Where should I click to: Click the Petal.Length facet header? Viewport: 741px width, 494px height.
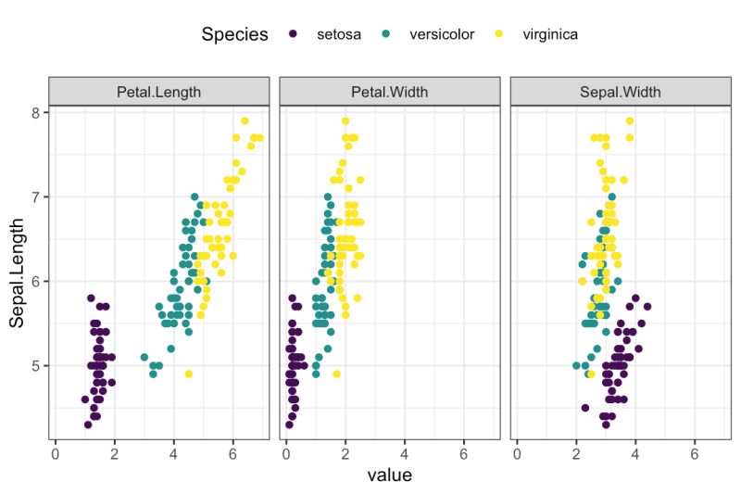click(159, 92)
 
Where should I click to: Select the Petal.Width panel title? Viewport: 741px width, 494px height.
click(390, 92)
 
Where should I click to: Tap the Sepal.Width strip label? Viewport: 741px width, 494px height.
click(621, 92)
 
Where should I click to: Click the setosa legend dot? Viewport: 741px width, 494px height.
click(294, 34)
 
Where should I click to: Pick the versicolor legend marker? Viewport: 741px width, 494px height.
click(386, 34)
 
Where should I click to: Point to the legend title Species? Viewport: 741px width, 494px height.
click(234, 35)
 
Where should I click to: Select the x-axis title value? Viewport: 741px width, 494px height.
click(390, 475)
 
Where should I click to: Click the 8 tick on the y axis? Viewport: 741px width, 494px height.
click(36, 112)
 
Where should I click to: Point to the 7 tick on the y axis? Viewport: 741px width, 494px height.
click(36, 196)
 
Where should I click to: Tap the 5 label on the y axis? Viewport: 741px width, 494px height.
click(36, 365)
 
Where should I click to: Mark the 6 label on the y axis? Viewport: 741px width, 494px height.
click(36, 281)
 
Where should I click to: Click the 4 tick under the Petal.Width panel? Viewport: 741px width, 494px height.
click(405, 453)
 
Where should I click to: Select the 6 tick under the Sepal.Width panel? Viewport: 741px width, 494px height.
click(695, 453)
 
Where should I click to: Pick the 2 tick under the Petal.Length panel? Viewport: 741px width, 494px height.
click(115, 453)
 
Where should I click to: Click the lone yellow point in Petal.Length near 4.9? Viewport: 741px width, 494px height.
click(189, 374)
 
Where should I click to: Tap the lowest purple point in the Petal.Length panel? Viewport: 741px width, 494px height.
click(88, 424)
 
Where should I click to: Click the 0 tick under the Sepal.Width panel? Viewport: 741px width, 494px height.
click(517, 453)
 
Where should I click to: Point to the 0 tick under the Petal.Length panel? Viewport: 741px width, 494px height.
click(56, 453)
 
